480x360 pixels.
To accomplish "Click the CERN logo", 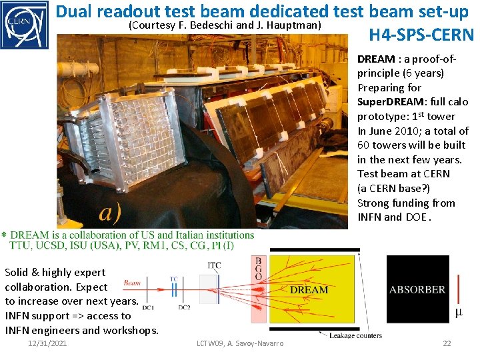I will coord(24,25).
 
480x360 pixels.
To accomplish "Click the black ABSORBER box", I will coord(417,289).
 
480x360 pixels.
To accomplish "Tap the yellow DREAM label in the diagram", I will coord(309,289).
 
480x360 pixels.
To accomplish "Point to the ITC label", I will coord(214,266).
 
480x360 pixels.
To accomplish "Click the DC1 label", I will coord(147,307).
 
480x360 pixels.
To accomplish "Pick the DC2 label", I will coord(184,307).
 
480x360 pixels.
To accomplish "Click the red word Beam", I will coord(132,283).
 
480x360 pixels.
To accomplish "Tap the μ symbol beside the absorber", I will coord(459,312).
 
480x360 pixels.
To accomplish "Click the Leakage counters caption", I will coord(355,335).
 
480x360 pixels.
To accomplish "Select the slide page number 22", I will coord(447,343).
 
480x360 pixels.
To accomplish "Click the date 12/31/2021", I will coord(47,343).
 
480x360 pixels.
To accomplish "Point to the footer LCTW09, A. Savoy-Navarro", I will coord(240,343).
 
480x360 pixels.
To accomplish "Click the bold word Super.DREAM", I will coord(388,102).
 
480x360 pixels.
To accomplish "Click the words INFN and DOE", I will coord(393,217).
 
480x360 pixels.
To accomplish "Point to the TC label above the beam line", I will coord(173,279).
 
